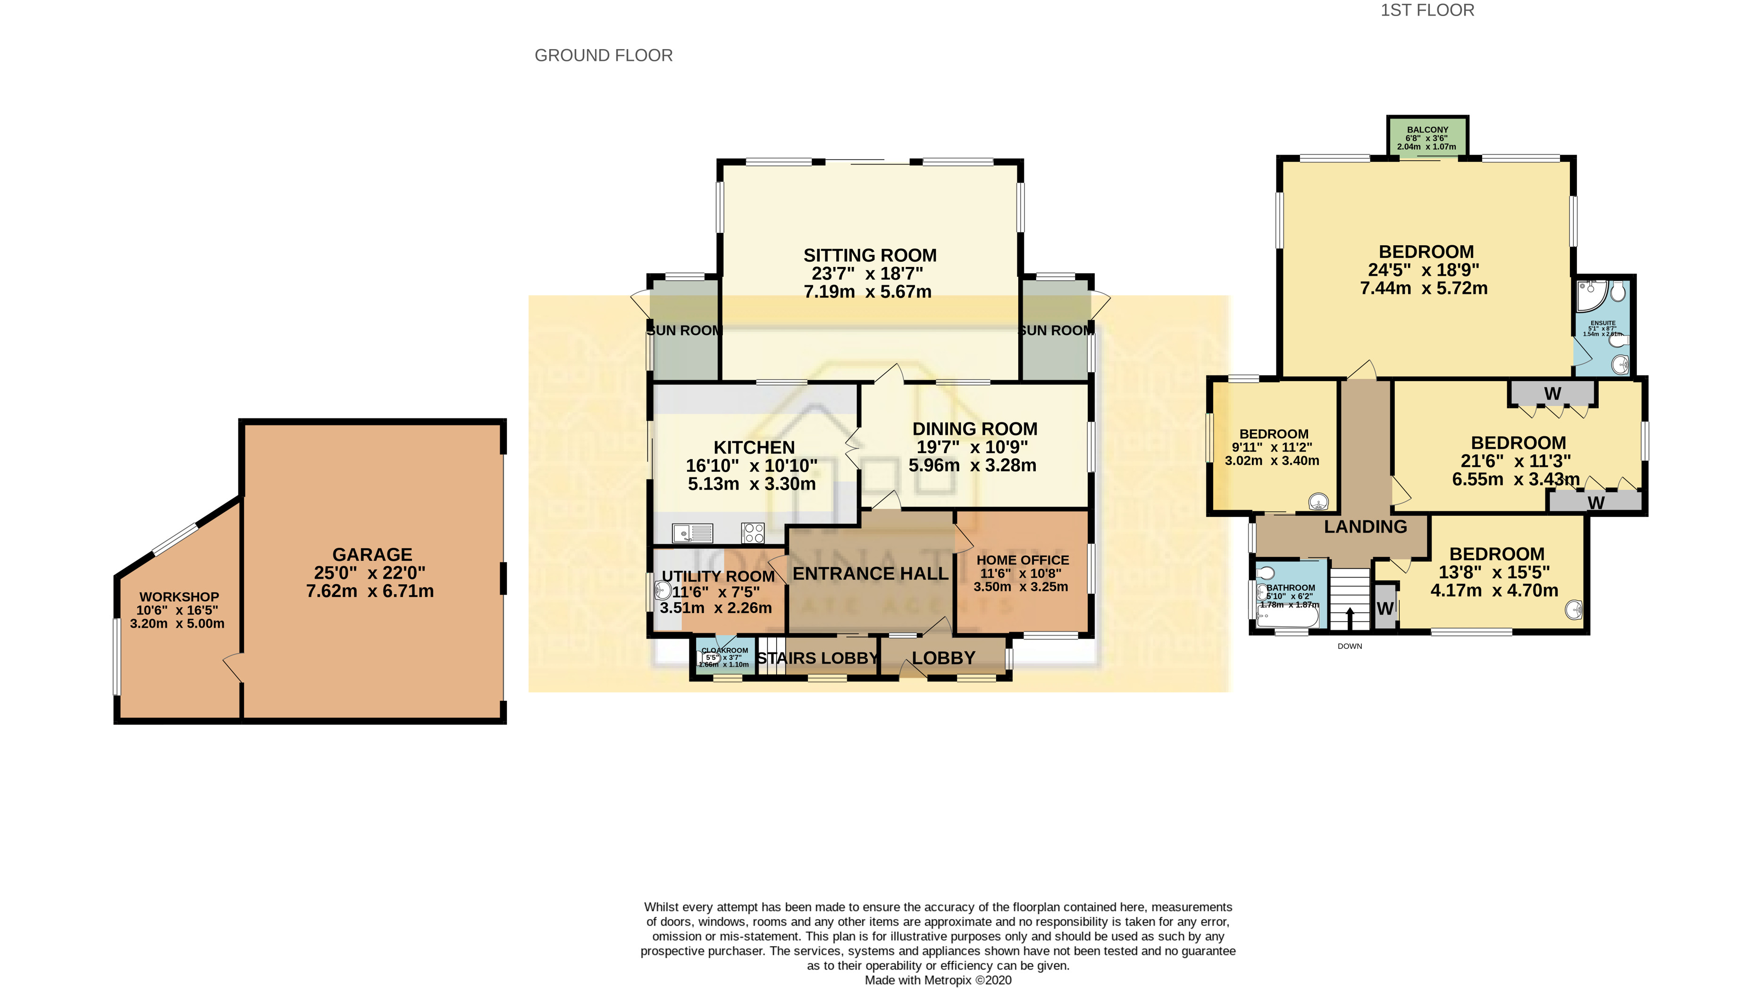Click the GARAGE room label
(x=372, y=555)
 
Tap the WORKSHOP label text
(x=179, y=597)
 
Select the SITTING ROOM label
(x=869, y=256)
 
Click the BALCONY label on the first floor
(x=1427, y=130)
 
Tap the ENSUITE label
(x=1603, y=323)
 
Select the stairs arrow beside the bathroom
(x=1350, y=618)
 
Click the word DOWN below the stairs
(x=1350, y=646)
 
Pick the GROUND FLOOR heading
(x=603, y=55)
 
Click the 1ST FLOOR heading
(x=1427, y=10)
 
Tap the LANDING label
(x=1365, y=526)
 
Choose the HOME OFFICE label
(x=1022, y=560)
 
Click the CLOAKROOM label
(x=724, y=650)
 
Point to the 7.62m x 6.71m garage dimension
(x=369, y=591)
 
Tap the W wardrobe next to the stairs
(x=1384, y=608)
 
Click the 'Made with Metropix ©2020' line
(x=938, y=980)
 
